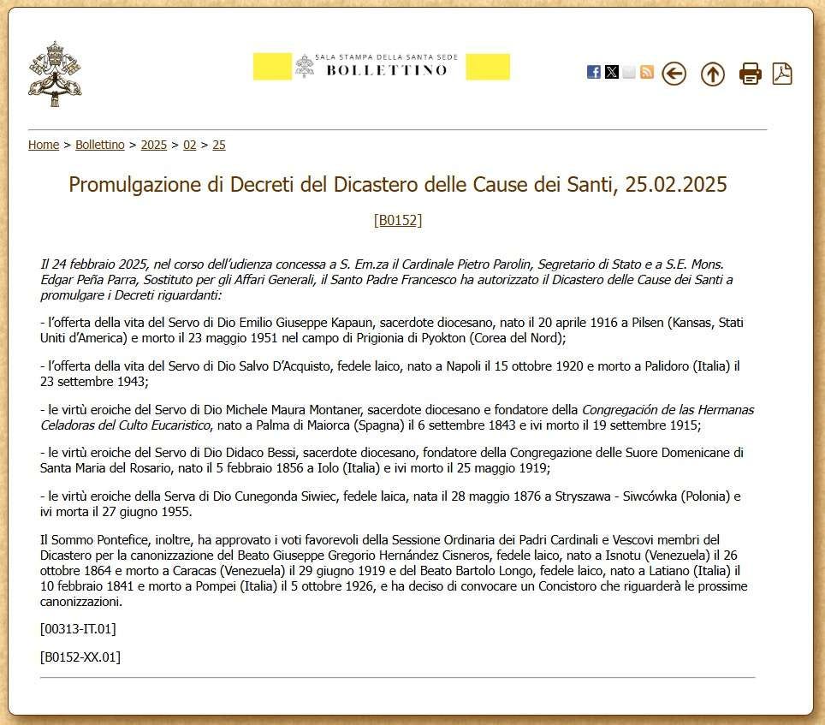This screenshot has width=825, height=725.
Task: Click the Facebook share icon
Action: [593, 73]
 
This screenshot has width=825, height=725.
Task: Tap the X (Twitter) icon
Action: [611, 73]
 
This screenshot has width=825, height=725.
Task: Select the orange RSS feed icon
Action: [647, 73]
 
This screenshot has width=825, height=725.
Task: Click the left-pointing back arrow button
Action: [674, 74]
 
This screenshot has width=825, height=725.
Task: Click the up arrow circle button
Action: [712, 74]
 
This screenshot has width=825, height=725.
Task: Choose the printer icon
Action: [750, 74]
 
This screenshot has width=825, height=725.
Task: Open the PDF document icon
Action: [782, 74]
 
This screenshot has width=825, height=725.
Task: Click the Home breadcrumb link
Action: [44, 145]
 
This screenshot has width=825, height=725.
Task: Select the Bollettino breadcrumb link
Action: [100, 145]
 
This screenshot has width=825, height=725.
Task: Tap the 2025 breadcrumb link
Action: [154, 145]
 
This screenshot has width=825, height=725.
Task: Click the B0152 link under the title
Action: [398, 220]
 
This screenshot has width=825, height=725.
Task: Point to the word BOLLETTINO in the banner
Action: [386, 70]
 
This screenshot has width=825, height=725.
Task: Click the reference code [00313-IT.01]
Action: [78, 629]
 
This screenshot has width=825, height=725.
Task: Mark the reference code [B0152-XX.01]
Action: [80, 657]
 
